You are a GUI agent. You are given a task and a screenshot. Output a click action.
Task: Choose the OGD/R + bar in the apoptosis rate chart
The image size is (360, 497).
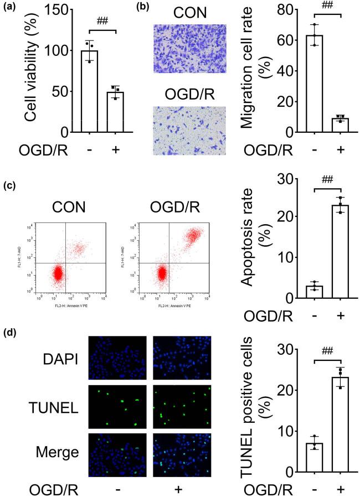(x=341, y=252)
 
